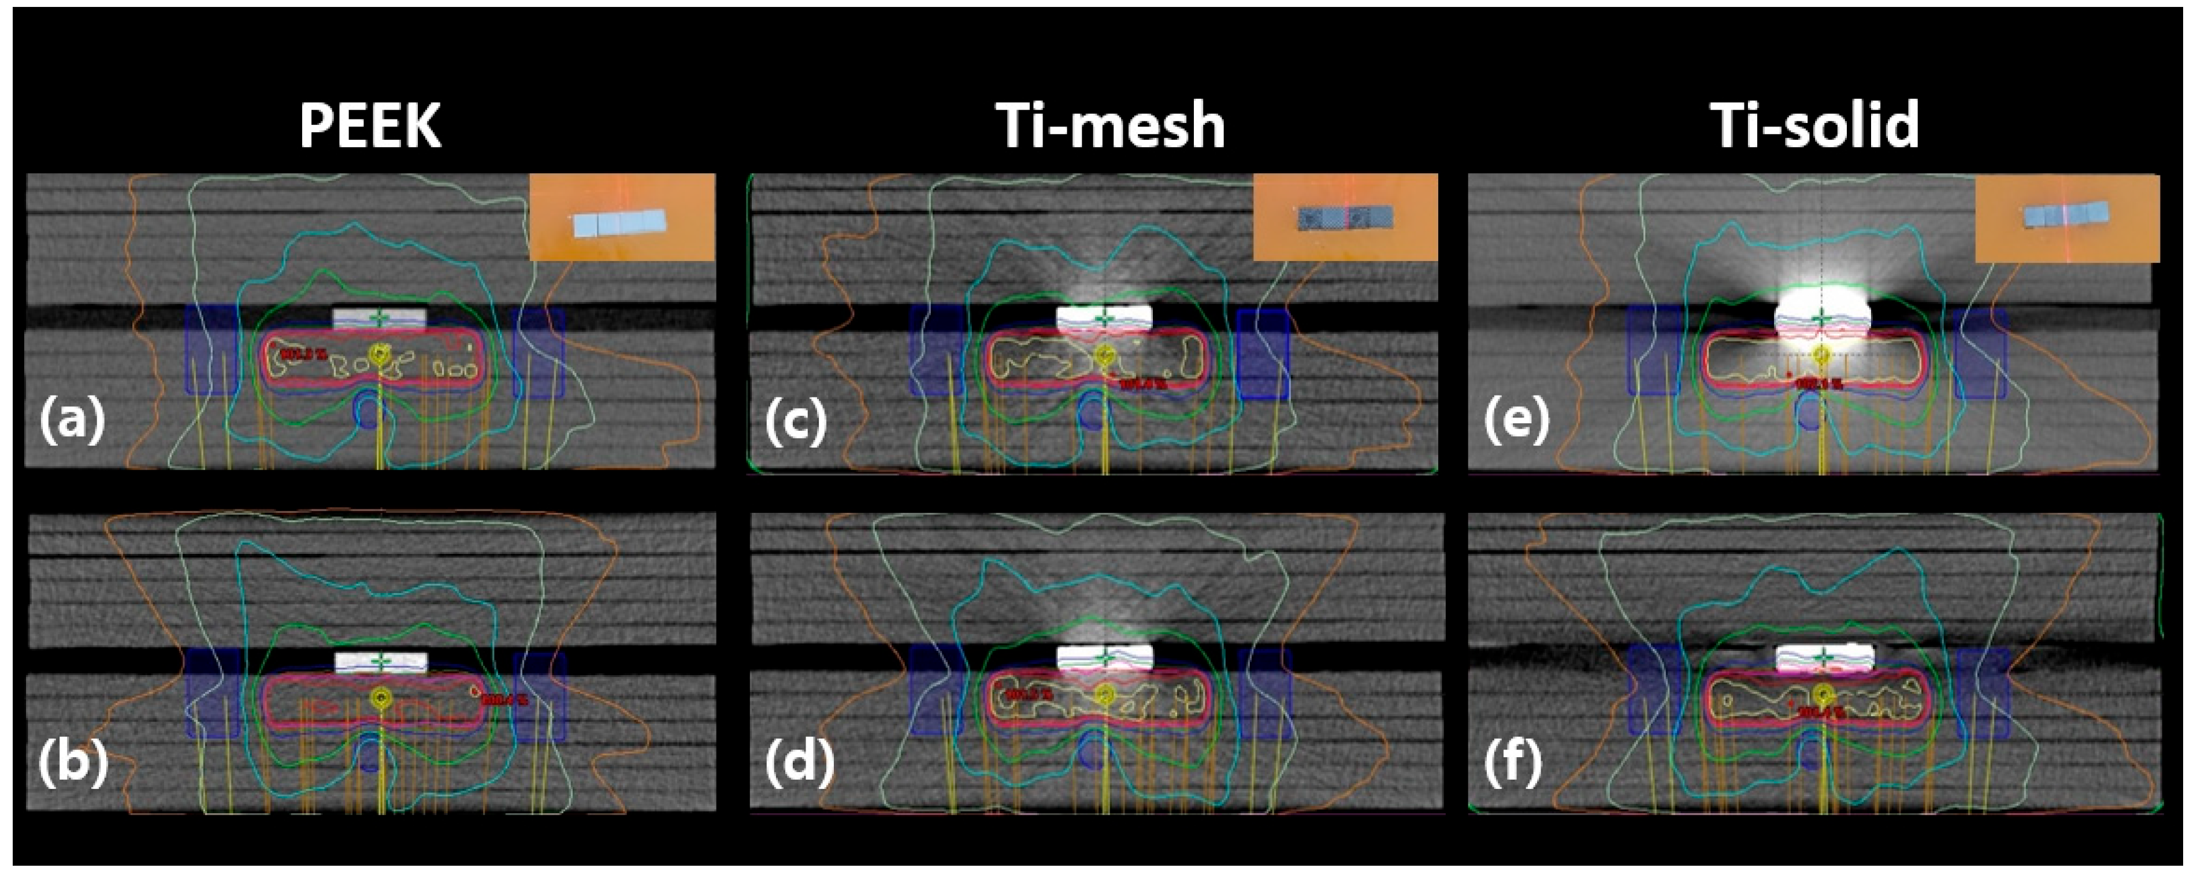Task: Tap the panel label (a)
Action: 72,419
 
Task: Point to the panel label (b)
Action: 73,761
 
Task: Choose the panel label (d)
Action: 798,761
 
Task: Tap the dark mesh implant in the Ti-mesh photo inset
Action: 1344,218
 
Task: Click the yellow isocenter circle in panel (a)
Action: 378,353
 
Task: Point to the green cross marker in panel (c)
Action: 1104,319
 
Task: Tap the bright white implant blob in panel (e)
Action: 1822,315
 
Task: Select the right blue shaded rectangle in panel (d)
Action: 1264,692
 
